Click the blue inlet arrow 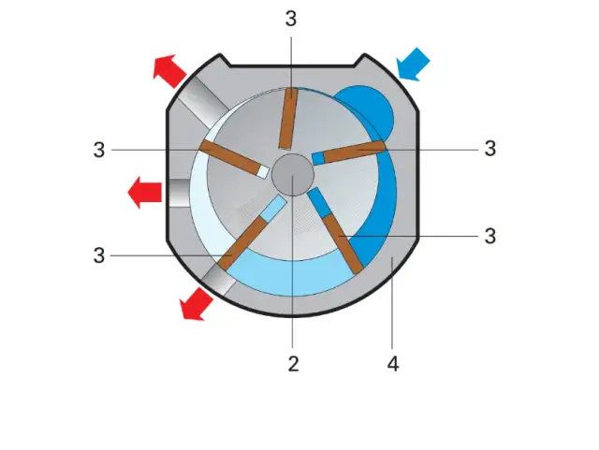414,65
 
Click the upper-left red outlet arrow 169,71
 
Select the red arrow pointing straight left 145,192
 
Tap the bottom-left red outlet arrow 197,304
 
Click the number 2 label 293,364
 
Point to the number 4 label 393,364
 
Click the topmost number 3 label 291,19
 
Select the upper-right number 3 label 490,148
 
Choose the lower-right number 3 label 490,236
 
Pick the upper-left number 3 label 99,150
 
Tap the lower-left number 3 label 99,255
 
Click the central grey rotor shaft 293,175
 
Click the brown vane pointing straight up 288,119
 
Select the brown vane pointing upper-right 354,152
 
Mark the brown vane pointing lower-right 343,244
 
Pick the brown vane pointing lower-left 242,244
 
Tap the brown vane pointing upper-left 230,157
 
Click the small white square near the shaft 263,171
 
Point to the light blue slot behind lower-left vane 273,209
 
